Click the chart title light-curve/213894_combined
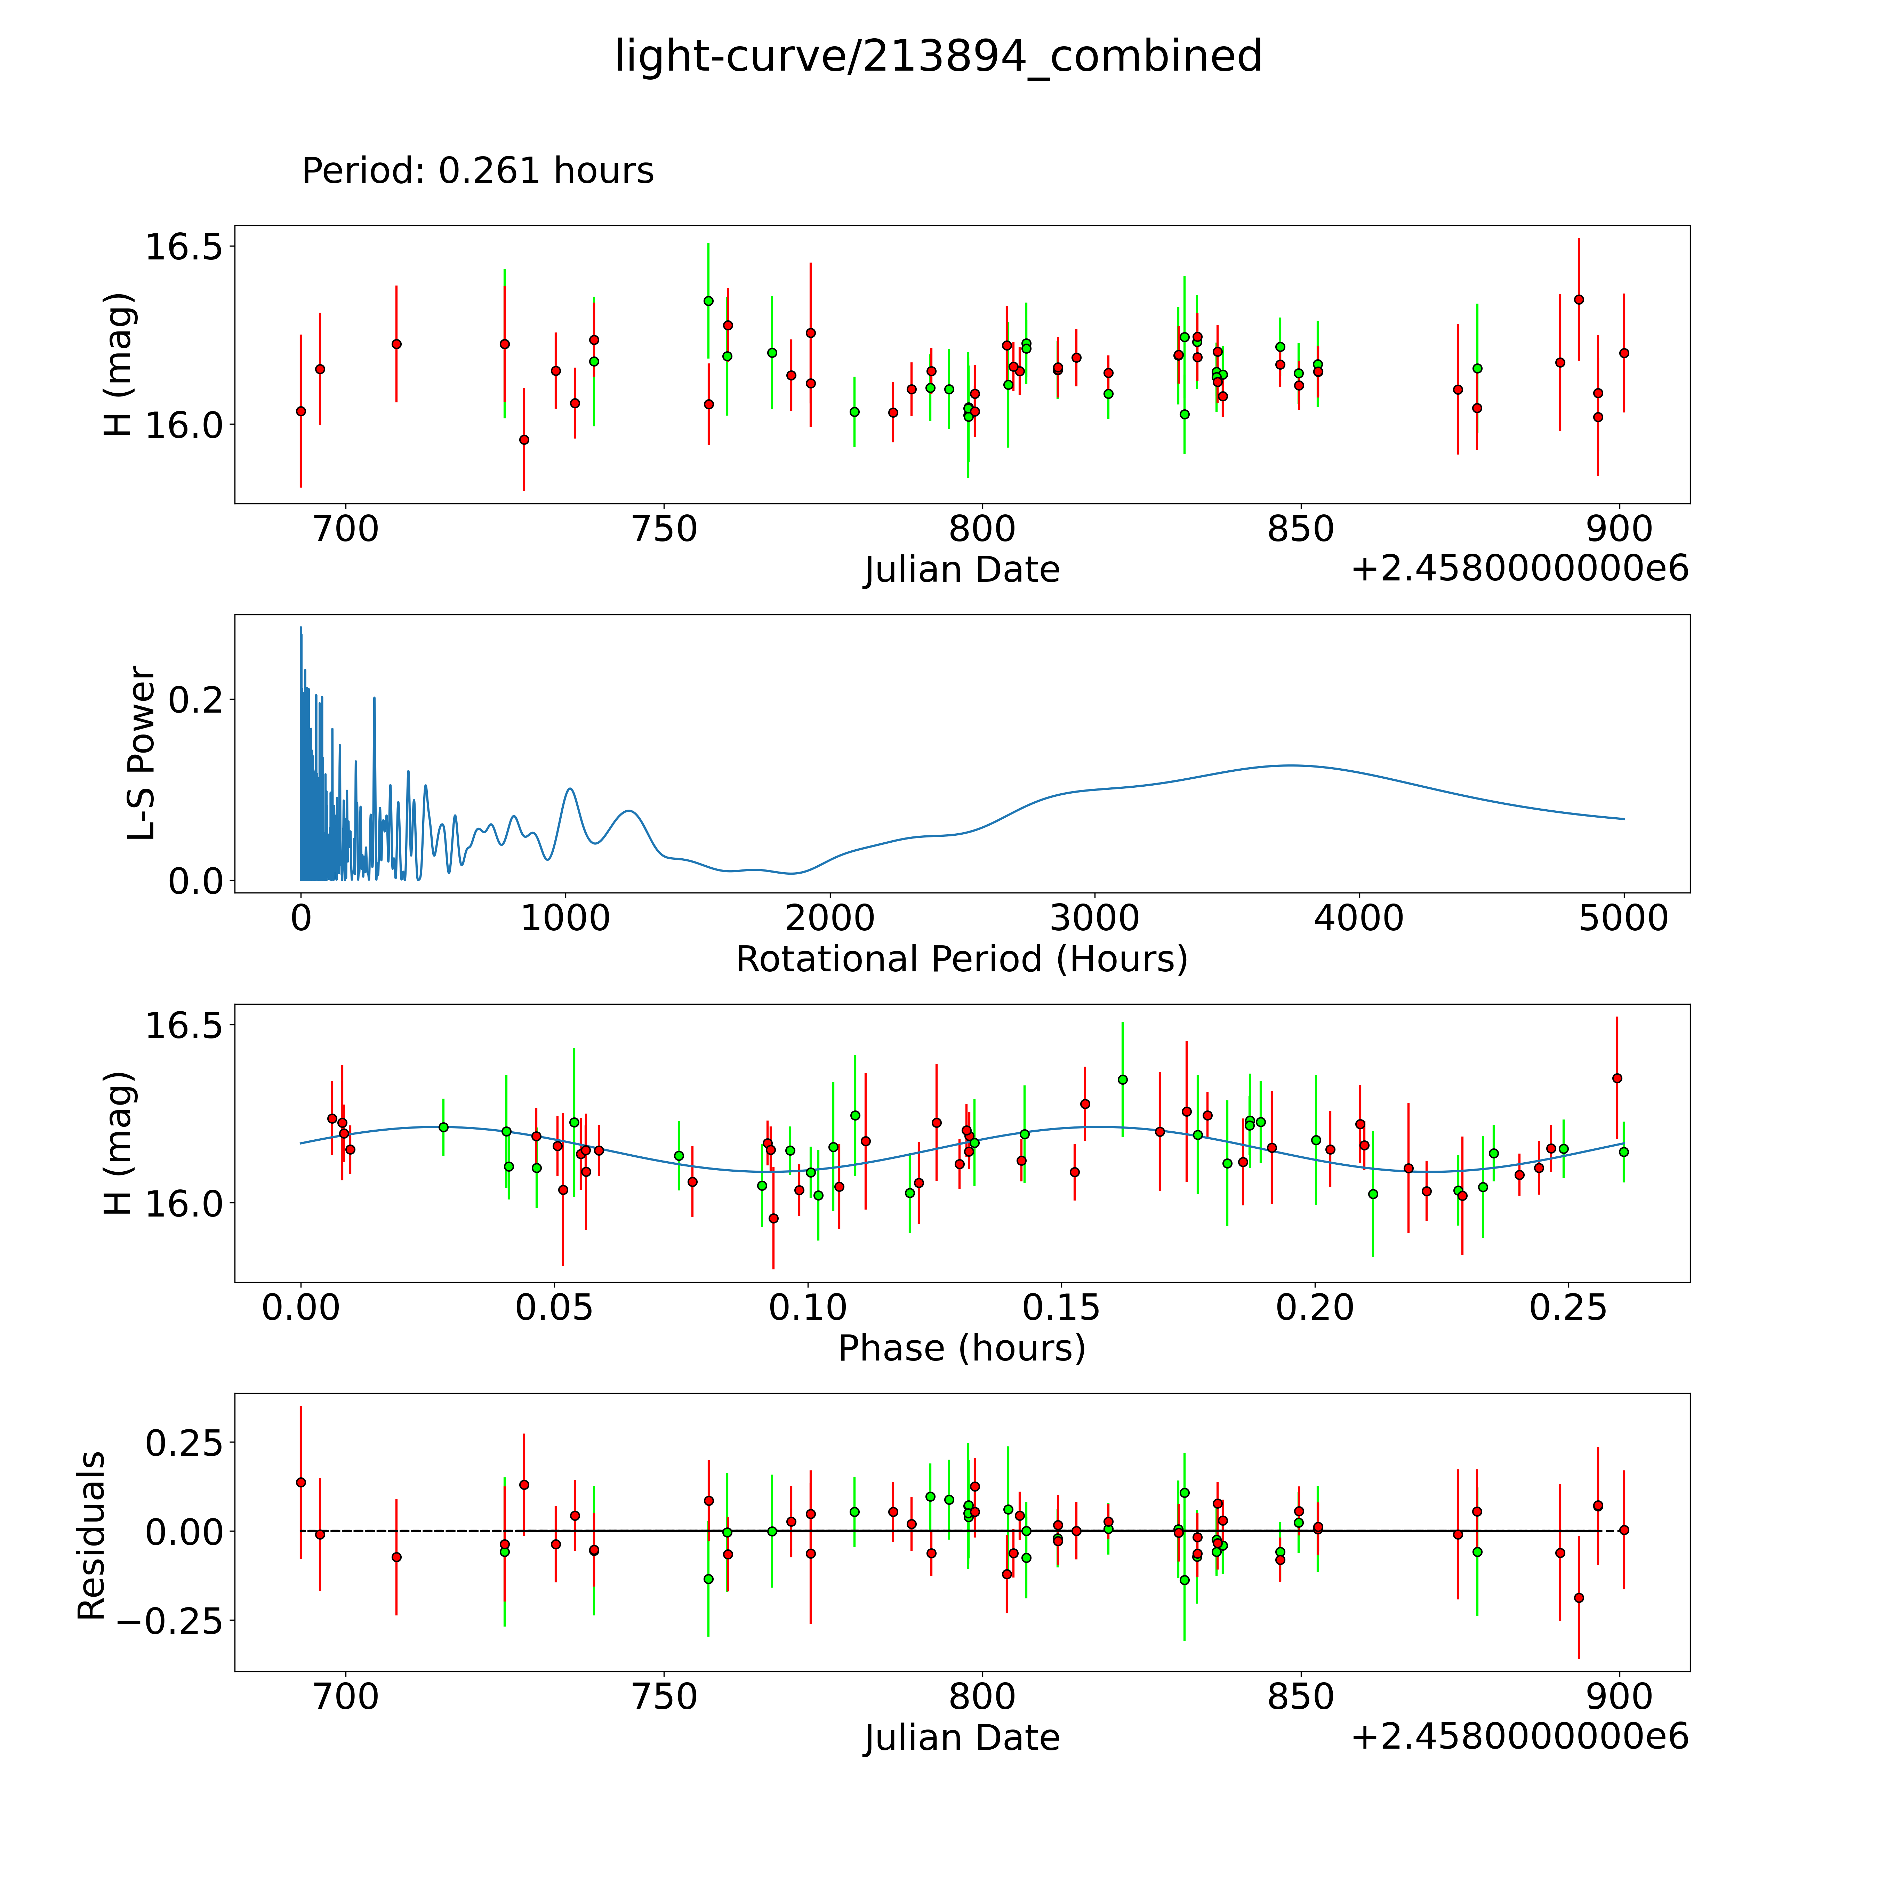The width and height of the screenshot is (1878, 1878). [x=938, y=56]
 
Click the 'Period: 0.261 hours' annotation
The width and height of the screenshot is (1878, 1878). [x=477, y=171]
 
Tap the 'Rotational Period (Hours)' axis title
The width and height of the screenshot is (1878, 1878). [x=961, y=960]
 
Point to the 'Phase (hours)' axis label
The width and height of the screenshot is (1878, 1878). [x=961, y=1348]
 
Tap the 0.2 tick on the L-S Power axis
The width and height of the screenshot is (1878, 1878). [x=195, y=699]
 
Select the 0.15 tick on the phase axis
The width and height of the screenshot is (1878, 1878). [x=1061, y=1307]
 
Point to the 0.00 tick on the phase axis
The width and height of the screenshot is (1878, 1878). [x=301, y=1307]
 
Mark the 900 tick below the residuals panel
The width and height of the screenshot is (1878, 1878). [x=1620, y=1697]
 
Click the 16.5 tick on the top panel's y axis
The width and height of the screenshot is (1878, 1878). [x=183, y=247]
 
